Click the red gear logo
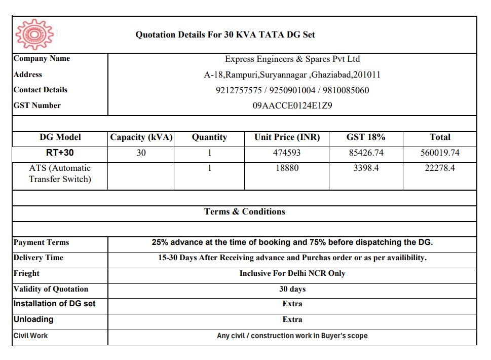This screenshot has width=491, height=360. tap(34, 34)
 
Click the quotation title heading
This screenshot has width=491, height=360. tap(225, 35)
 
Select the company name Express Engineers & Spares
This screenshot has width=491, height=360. tap(292, 59)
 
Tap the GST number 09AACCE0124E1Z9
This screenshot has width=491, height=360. tap(292, 106)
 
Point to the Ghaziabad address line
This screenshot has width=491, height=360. tap(292, 75)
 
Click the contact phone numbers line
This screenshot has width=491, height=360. tap(292, 91)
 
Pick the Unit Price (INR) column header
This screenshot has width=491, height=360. tap(287, 137)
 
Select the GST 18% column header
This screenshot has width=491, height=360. tap(366, 137)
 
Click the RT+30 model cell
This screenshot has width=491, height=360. tap(60, 153)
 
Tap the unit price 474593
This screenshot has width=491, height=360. tap(287, 153)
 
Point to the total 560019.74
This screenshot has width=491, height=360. tap(440, 153)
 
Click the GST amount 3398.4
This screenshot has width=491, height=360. tap(366, 168)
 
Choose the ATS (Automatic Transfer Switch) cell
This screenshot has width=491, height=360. tap(60, 173)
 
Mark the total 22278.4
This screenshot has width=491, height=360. tap(440, 168)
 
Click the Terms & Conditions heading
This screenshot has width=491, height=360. tap(245, 212)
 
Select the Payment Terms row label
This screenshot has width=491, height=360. tap(42, 243)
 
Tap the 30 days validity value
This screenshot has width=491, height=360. tap(292, 289)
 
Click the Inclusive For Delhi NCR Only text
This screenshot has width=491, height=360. tap(292, 273)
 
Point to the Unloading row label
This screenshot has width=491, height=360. tap(33, 319)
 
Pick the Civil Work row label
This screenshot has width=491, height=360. tap(31, 336)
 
